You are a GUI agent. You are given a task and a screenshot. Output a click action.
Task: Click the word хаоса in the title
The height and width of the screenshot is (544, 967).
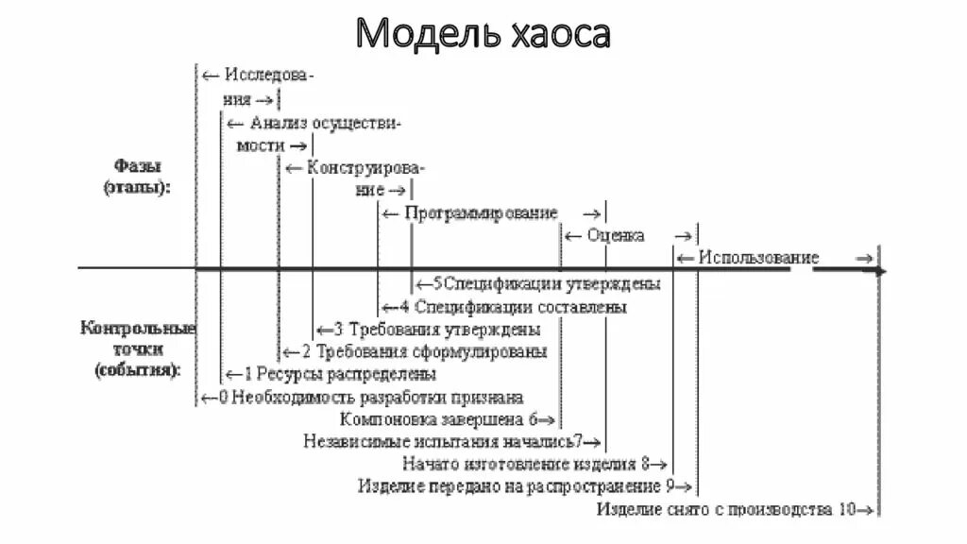[556, 34]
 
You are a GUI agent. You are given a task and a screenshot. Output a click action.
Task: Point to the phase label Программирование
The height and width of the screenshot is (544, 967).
[482, 213]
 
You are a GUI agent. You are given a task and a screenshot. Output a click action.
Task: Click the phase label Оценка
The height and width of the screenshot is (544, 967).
[615, 235]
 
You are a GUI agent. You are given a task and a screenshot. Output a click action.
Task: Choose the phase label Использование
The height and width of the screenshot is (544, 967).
[758, 258]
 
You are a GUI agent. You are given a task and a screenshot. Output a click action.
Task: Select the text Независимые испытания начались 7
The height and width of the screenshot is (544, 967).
[445, 441]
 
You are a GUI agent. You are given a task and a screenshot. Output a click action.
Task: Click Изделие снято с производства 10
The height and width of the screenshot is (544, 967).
[727, 509]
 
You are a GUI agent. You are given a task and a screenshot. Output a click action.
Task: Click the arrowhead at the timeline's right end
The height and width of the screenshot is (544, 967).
[880, 271]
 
